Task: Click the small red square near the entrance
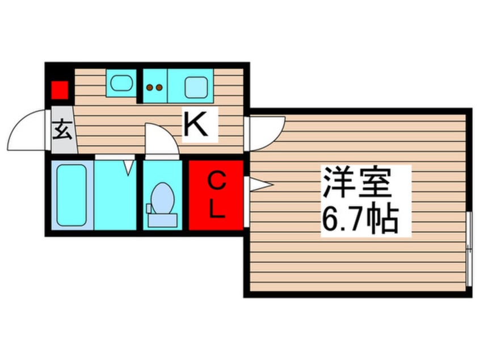(59, 90)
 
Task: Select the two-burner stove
(154, 87)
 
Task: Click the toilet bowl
(163, 196)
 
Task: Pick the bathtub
(71, 194)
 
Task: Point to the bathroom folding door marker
(129, 166)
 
